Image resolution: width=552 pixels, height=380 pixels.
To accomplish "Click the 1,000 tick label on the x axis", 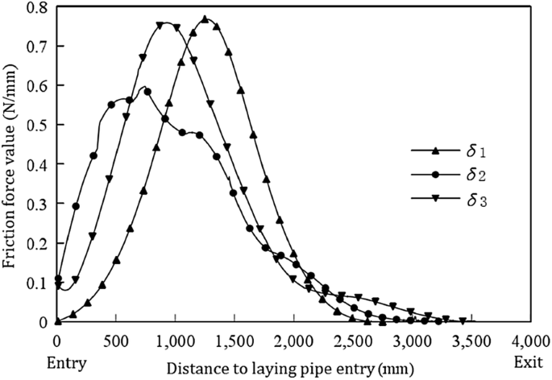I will tap(174, 338).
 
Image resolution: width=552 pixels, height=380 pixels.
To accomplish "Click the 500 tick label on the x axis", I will tap(116, 338).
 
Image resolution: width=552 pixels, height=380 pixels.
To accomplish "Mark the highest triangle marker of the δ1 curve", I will tap(205, 19).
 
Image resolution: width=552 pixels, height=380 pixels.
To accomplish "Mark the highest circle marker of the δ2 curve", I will tap(147, 91).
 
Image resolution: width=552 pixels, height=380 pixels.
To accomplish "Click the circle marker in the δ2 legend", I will tap(434, 173).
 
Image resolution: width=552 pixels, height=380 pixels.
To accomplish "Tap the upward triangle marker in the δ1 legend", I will tap(434, 150).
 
